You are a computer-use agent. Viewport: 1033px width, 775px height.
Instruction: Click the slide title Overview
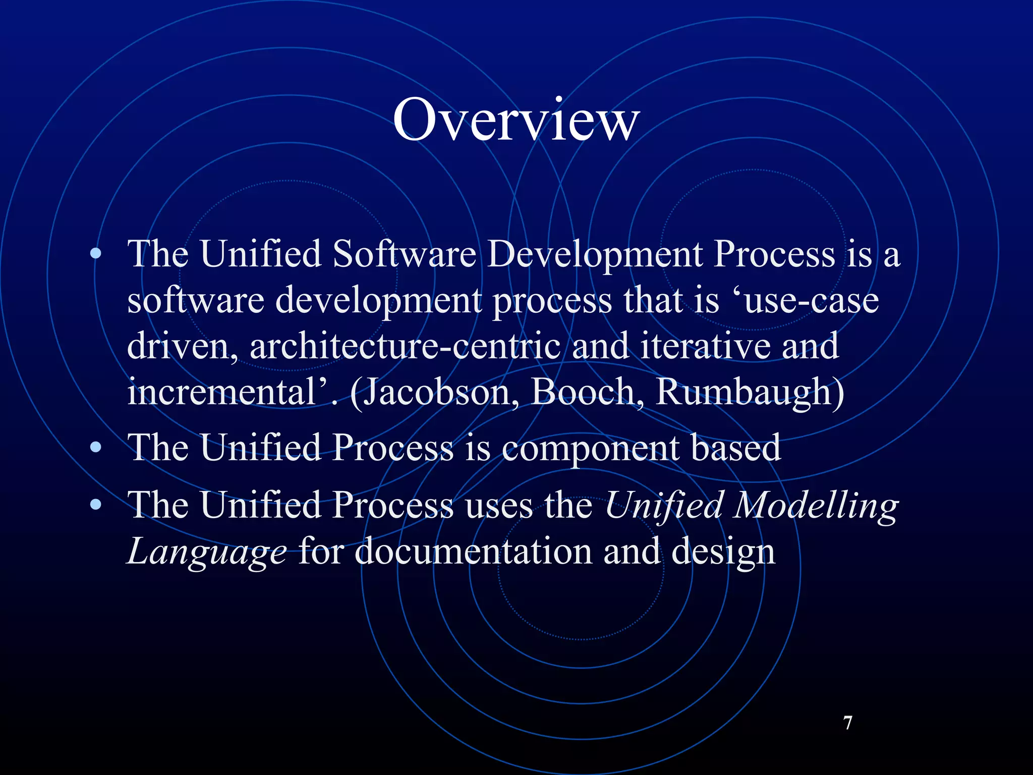tap(516, 120)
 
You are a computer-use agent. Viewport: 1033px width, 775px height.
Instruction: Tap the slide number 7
tap(848, 723)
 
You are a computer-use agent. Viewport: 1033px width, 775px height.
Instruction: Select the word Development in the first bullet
tap(595, 254)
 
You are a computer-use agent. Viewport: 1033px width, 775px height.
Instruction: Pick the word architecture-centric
tap(405, 346)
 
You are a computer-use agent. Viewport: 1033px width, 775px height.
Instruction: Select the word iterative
tap(705, 346)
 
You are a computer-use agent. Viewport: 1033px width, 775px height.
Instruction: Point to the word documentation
tap(474, 551)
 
